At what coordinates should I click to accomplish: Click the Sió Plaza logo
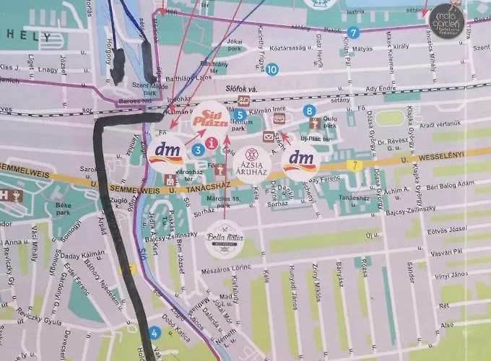211,118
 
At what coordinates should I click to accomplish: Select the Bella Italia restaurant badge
225,240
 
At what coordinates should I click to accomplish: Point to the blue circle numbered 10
271,69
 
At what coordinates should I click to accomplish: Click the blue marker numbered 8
309,110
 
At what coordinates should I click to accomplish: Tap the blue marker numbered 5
240,114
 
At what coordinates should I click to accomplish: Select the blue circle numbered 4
155,333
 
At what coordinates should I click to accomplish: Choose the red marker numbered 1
211,143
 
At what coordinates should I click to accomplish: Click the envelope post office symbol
269,136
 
